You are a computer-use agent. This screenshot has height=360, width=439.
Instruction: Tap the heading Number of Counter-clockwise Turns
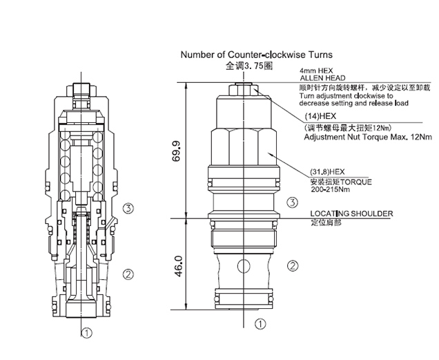[x=256, y=54]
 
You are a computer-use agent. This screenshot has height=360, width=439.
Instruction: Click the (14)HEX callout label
[x=322, y=117]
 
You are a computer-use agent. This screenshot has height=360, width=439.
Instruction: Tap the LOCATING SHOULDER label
[x=351, y=214]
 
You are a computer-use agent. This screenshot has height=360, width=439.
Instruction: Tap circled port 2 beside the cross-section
[x=128, y=274]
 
